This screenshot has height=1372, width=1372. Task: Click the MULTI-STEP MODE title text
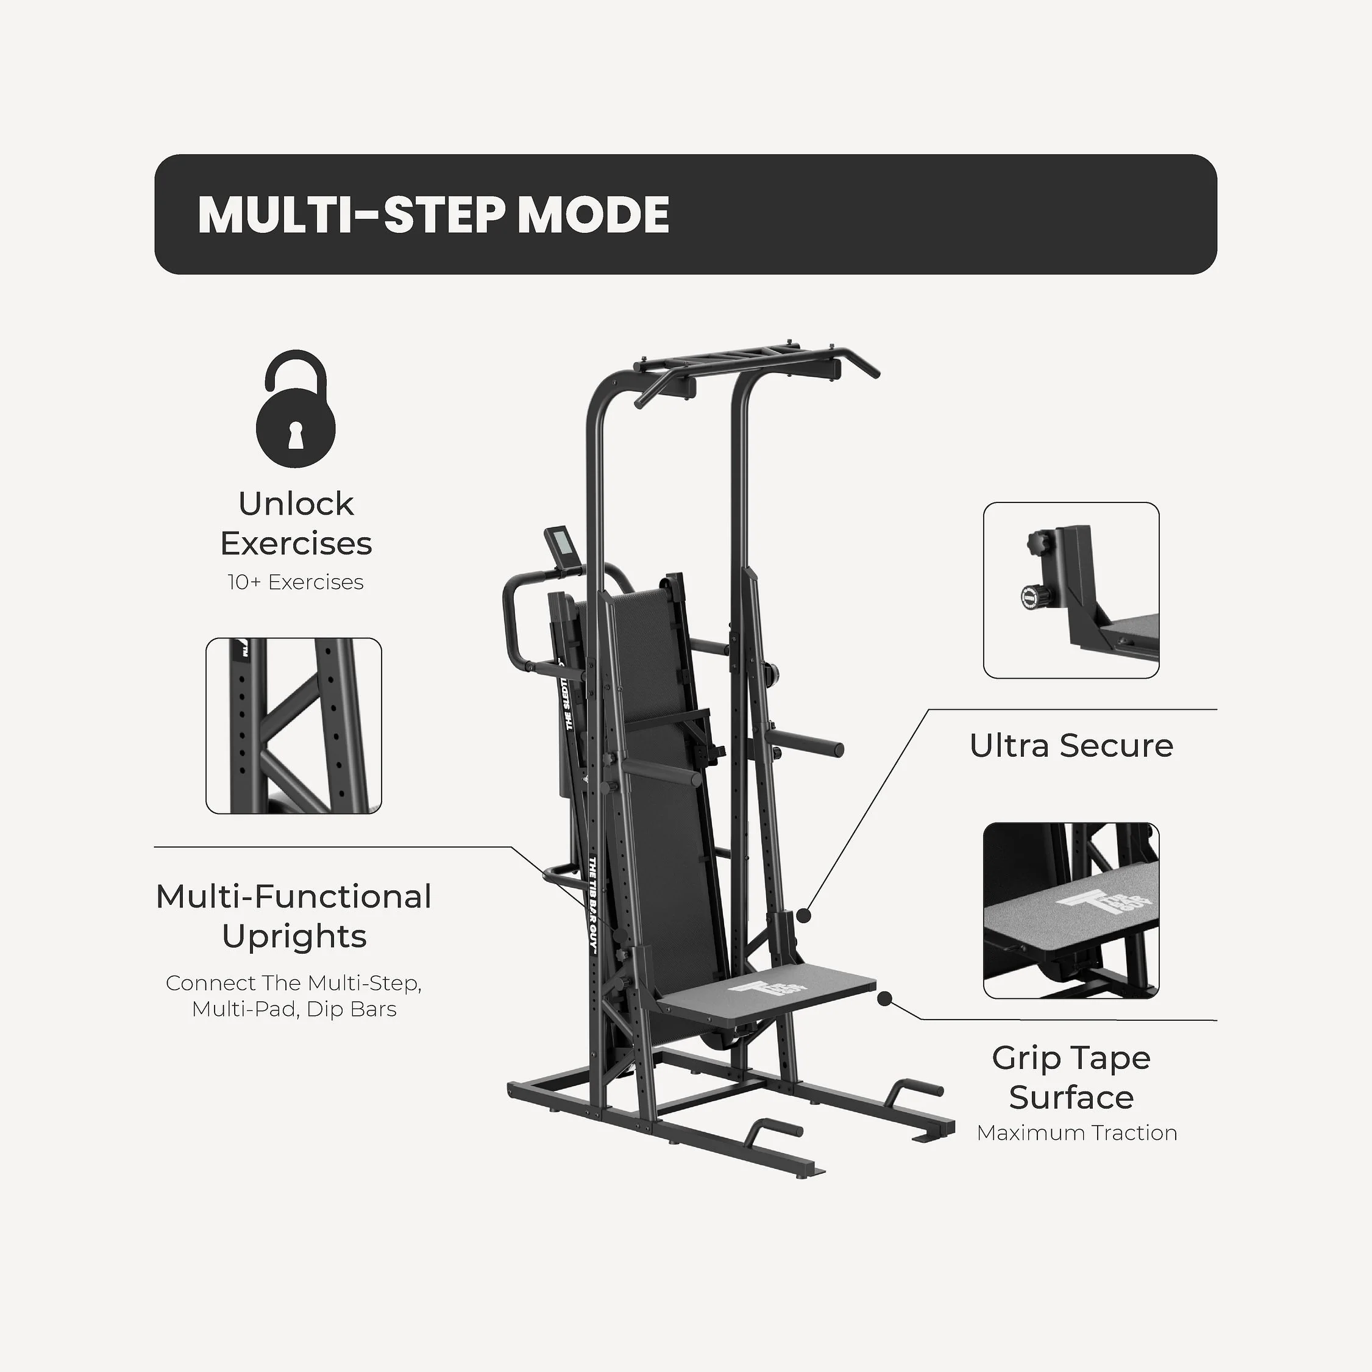[433, 215]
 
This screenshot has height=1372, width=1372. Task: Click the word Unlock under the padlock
[296, 504]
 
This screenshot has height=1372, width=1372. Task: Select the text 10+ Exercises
[296, 582]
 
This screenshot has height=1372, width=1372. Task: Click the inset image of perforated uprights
[293, 726]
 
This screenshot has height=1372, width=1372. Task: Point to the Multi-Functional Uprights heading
[294, 916]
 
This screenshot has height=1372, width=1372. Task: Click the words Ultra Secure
[1071, 746]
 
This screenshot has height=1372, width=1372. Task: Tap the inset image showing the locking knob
[1071, 590]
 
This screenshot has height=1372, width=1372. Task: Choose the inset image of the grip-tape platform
[1071, 911]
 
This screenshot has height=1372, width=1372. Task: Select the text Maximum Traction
[1076, 1132]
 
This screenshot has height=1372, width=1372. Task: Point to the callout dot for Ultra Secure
[803, 915]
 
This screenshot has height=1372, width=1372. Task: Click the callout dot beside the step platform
[884, 998]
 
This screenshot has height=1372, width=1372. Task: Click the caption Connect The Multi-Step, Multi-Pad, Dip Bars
[294, 996]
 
